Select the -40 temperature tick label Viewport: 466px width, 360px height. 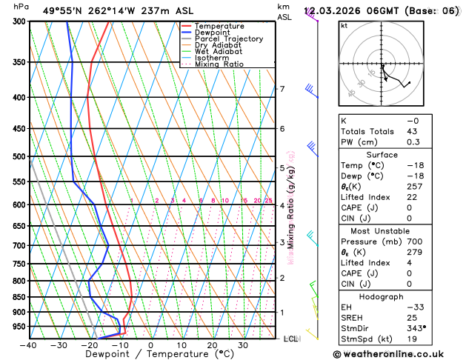tap(28, 345)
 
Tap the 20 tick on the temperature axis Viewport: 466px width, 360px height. tap(212, 345)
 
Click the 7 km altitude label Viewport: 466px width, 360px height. tap(282, 90)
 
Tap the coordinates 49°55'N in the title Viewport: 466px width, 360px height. tap(66, 11)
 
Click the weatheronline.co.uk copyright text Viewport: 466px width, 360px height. tap(393, 354)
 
